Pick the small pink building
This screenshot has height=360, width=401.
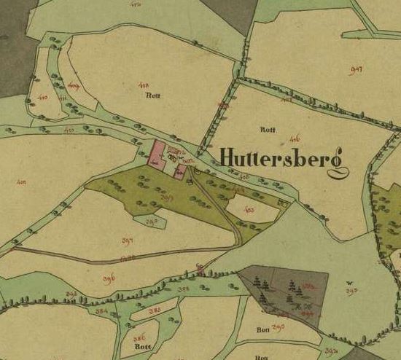tap(180, 171)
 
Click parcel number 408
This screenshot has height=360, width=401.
tap(143, 85)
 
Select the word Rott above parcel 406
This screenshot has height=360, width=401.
tap(267, 128)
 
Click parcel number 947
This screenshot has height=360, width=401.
tap(357, 69)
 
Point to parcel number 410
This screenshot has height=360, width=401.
tap(42, 98)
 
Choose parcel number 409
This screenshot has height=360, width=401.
tap(73, 86)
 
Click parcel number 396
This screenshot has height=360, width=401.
tap(109, 278)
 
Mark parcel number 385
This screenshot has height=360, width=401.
tap(155, 310)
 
